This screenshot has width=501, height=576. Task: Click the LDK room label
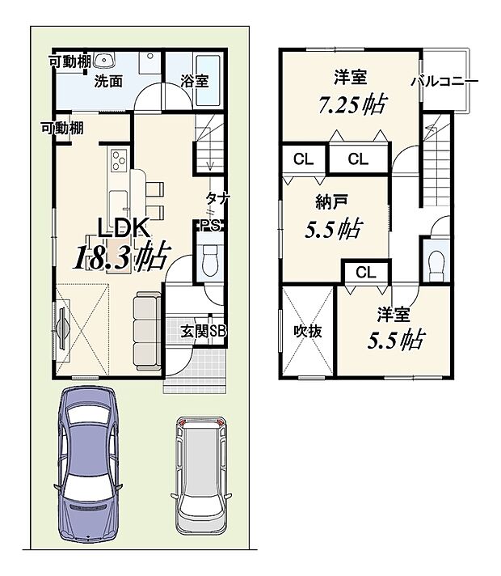pyautogui.click(x=124, y=228)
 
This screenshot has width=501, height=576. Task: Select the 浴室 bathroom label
pyautogui.click(x=195, y=81)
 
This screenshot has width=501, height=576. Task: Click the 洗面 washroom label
pyautogui.click(x=108, y=81)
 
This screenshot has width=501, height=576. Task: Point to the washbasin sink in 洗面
pyautogui.click(x=104, y=60)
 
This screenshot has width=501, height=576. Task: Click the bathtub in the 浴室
pyautogui.click(x=208, y=80)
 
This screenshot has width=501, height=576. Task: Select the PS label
pyautogui.click(x=210, y=225)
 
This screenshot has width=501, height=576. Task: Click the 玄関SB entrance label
pyautogui.click(x=204, y=331)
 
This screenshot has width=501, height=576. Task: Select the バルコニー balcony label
pyautogui.click(x=445, y=81)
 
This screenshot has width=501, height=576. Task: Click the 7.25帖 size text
pyautogui.click(x=352, y=104)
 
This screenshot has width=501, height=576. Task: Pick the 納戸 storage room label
pyautogui.click(x=331, y=202)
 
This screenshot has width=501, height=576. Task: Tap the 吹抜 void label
pyautogui.click(x=308, y=332)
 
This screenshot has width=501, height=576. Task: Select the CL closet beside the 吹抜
pyautogui.click(x=365, y=273)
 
